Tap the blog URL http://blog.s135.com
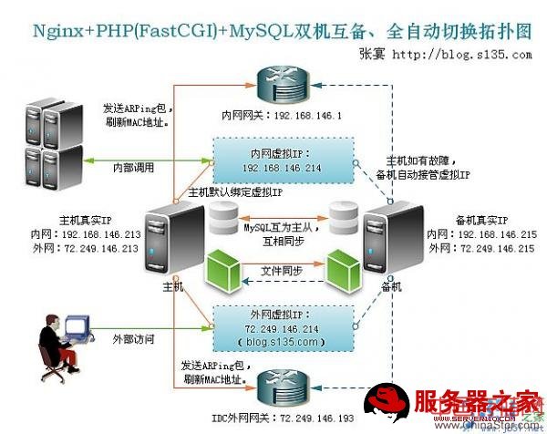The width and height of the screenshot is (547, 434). [x=460, y=54]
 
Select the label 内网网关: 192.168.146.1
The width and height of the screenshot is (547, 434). [x=282, y=117]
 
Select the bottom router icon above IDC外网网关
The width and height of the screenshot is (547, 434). [x=283, y=387]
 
